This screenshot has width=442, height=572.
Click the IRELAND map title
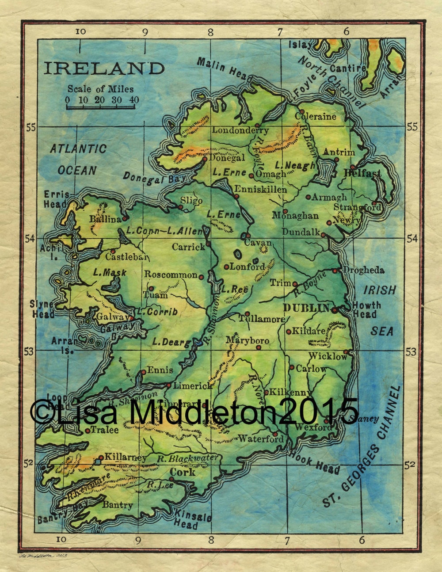(x=104, y=68)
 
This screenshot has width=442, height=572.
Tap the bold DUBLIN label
(x=306, y=308)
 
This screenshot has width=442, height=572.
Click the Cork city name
(x=183, y=472)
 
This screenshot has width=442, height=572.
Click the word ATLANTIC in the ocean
(x=78, y=149)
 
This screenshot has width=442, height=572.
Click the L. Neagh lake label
(x=295, y=166)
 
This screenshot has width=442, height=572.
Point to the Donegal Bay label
(x=154, y=178)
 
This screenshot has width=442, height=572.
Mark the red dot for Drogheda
(x=335, y=271)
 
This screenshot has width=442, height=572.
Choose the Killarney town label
(x=126, y=458)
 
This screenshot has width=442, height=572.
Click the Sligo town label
(x=191, y=201)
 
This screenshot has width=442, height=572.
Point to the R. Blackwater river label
(x=188, y=458)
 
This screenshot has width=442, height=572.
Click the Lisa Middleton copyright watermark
(x=194, y=411)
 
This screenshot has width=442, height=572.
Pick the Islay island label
(x=300, y=45)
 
